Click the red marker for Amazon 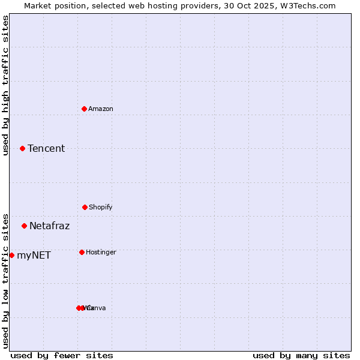point(85,109)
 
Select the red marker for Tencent point(23,148)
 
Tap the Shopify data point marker point(85,207)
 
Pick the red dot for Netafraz point(25,226)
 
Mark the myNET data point point(12,255)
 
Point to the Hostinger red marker point(82,252)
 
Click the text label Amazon point(101,109)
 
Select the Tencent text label point(46,148)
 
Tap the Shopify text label point(101,207)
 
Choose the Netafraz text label point(50,226)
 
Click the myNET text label point(34,255)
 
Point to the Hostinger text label point(101,252)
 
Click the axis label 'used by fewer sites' point(62,355)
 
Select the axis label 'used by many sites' point(301,355)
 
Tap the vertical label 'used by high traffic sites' point(5,85)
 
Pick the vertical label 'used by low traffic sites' point(5,280)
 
